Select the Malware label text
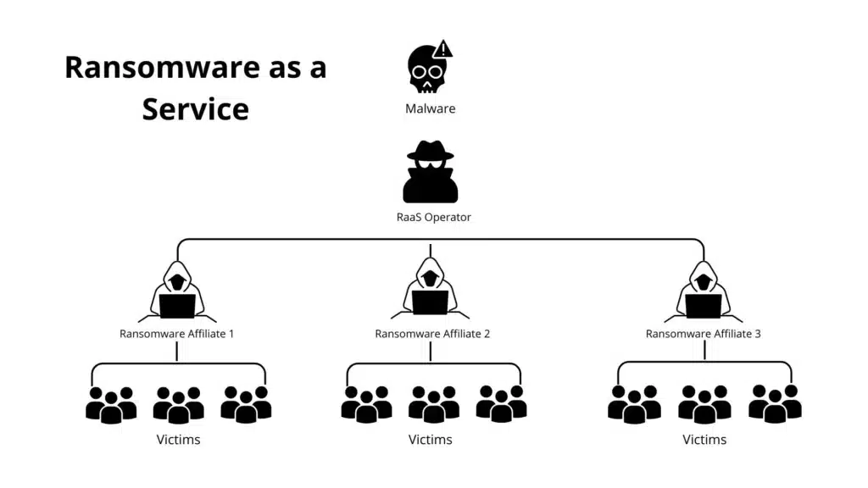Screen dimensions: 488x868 tap(430, 108)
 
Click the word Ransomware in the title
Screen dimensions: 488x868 tap(161, 68)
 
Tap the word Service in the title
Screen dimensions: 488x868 tap(195, 109)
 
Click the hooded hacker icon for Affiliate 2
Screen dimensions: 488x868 tap(431, 291)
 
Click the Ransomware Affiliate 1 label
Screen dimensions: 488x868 tap(176, 334)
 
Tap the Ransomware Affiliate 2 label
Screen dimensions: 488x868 tap(432, 334)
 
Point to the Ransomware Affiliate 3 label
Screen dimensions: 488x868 tap(704, 334)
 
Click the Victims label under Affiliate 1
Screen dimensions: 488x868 tap(178, 440)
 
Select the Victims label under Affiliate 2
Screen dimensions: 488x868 tap(430, 440)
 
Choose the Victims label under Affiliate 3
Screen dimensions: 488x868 tap(704, 440)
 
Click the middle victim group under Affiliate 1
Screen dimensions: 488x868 tap(178, 405)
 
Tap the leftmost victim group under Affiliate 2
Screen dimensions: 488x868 tap(366, 404)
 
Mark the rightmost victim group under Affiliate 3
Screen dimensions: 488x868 tap(775, 404)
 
